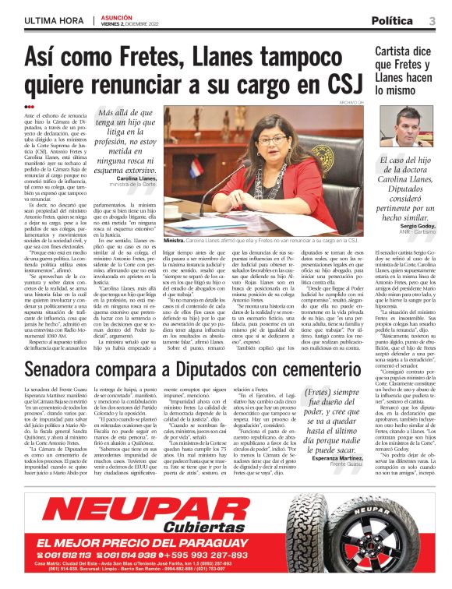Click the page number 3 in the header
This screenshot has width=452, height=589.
pyautogui.click(x=432, y=20)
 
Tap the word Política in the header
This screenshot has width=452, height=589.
pyautogui.click(x=392, y=20)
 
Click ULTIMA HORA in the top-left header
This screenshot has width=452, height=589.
pyautogui.click(x=53, y=20)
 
